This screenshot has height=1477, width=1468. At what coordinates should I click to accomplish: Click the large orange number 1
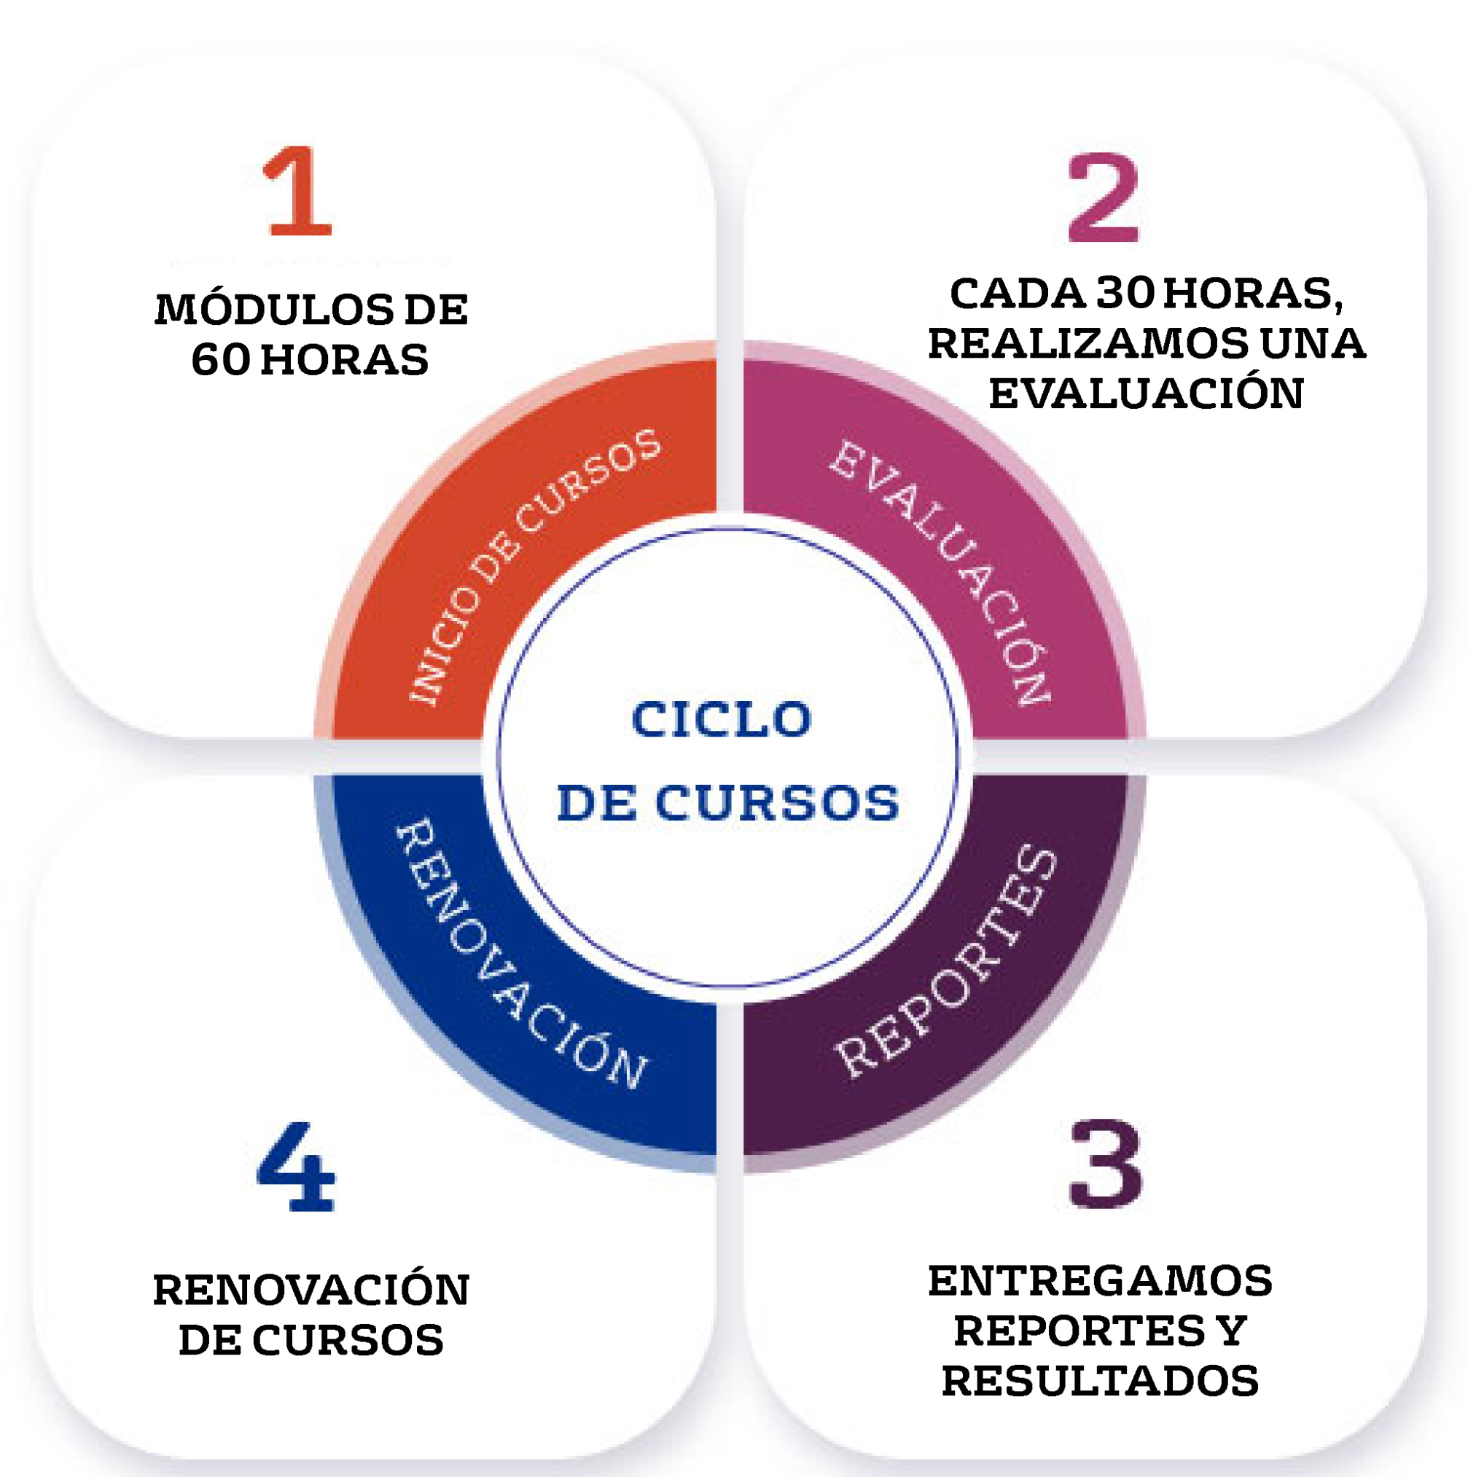(297, 190)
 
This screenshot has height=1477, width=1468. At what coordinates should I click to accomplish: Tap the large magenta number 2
(1104, 197)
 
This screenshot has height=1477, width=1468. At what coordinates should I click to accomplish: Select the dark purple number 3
(1106, 1163)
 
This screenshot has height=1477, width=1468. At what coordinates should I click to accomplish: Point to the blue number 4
(296, 1167)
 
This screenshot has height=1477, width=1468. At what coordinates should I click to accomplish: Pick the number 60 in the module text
(221, 360)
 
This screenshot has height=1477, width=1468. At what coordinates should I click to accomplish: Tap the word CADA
(1017, 294)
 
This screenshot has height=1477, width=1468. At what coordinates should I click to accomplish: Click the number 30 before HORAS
(1125, 294)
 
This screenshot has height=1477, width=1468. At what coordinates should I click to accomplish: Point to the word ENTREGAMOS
(1100, 1280)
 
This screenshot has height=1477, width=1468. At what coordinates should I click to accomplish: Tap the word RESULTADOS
(1100, 1381)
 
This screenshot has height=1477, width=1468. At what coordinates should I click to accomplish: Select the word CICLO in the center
(722, 719)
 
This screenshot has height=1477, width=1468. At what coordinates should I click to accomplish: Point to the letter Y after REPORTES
(1233, 1331)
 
